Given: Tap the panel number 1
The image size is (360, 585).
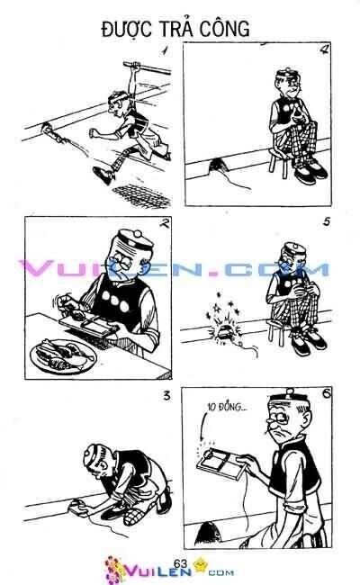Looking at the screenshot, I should point(164,51).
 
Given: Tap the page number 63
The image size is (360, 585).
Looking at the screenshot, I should point(179,562).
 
